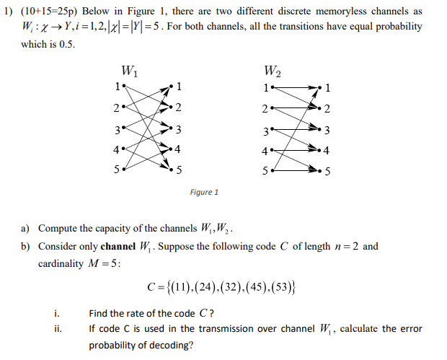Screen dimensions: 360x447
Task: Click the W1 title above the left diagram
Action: pyautogui.click(x=130, y=72)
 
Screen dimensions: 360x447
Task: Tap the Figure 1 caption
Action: pyautogui.click(x=204, y=192)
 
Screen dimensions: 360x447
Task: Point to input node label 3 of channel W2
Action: pyautogui.click(x=265, y=131)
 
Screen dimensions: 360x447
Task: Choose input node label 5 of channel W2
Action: pyautogui.click(x=265, y=171)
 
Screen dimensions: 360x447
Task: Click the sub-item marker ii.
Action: pyautogui.click(x=58, y=329)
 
